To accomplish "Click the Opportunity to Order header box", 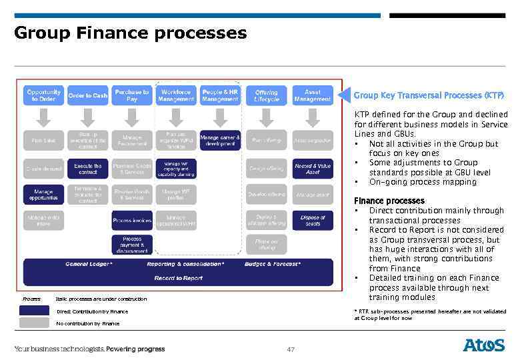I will coord(44,95).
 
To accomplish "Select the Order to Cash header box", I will coord(87,95).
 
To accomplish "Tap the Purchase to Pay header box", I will coord(131,95).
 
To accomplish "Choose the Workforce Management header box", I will coord(175,95).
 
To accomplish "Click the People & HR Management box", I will coord(220,95).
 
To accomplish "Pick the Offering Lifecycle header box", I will coord(267,95).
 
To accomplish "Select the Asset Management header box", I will coord(312,95).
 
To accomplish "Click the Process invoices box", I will coord(131,220).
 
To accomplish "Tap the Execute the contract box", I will coord(87,169).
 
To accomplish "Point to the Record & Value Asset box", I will coord(312,169).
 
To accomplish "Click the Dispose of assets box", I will coord(312,220).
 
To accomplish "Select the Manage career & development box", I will coord(220,141).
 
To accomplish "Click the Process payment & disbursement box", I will coord(131,245).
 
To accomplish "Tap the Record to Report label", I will coord(179,277).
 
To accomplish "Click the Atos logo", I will coord(484,345).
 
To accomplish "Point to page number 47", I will coord(291,349).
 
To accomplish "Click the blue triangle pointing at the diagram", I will coord(343,95).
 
